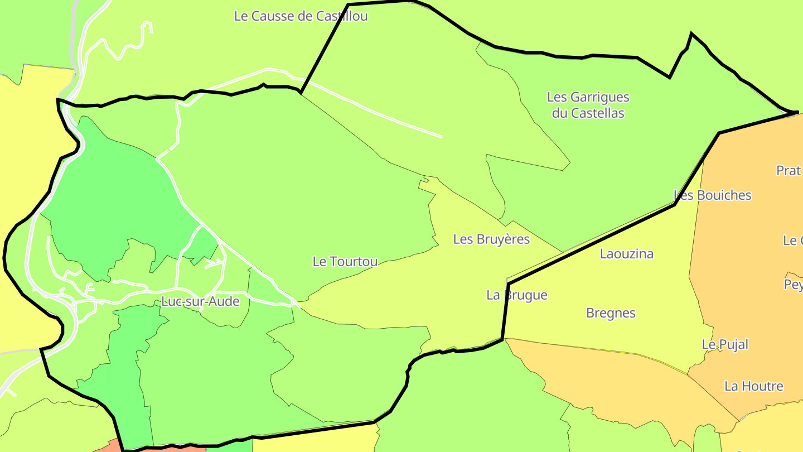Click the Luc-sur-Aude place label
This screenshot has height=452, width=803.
click(x=200, y=301)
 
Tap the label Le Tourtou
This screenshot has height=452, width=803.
click(x=345, y=261)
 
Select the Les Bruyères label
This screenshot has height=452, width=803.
click(x=491, y=239)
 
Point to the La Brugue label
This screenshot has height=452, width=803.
click(x=517, y=295)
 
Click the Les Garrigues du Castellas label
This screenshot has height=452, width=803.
click(x=588, y=105)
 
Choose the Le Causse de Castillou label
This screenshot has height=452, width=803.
click(x=301, y=16)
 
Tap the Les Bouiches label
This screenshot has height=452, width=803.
click(x=713, y=195)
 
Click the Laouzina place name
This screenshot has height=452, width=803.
click(x=627, y=254)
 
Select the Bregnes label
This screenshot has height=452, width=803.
click(x=611, y=313)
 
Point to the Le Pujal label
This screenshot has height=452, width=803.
click(x=725, y=344)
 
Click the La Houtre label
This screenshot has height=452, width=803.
click(x=754, y=386)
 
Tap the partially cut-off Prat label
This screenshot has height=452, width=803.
click(x=789, y=171)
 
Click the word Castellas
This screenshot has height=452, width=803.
click(x=597, y=113)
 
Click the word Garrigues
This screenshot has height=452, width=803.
click(x=599, y=97)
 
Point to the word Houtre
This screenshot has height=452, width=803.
click(x=762, y=386)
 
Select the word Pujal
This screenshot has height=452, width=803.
click(x=733, y=344)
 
